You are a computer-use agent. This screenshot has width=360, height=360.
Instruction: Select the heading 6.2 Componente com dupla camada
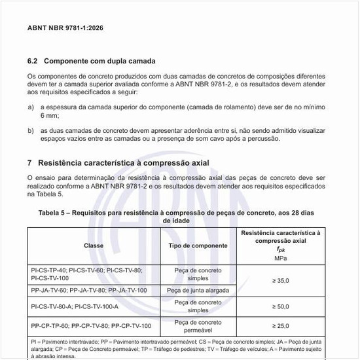[x=91, y=62]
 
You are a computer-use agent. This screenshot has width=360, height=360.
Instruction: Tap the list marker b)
[x=31, y=130]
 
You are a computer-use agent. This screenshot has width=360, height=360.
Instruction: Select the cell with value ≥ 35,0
[x=280, y=280]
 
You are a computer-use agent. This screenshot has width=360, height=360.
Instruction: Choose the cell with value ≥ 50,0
[x=280, y=306]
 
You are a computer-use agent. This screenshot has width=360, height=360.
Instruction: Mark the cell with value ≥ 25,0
[x=280, y=325]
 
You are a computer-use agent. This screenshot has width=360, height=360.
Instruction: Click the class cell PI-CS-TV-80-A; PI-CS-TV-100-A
[x=80, y=306]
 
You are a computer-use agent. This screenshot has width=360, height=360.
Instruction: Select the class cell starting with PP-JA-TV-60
[x=89, y=290]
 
